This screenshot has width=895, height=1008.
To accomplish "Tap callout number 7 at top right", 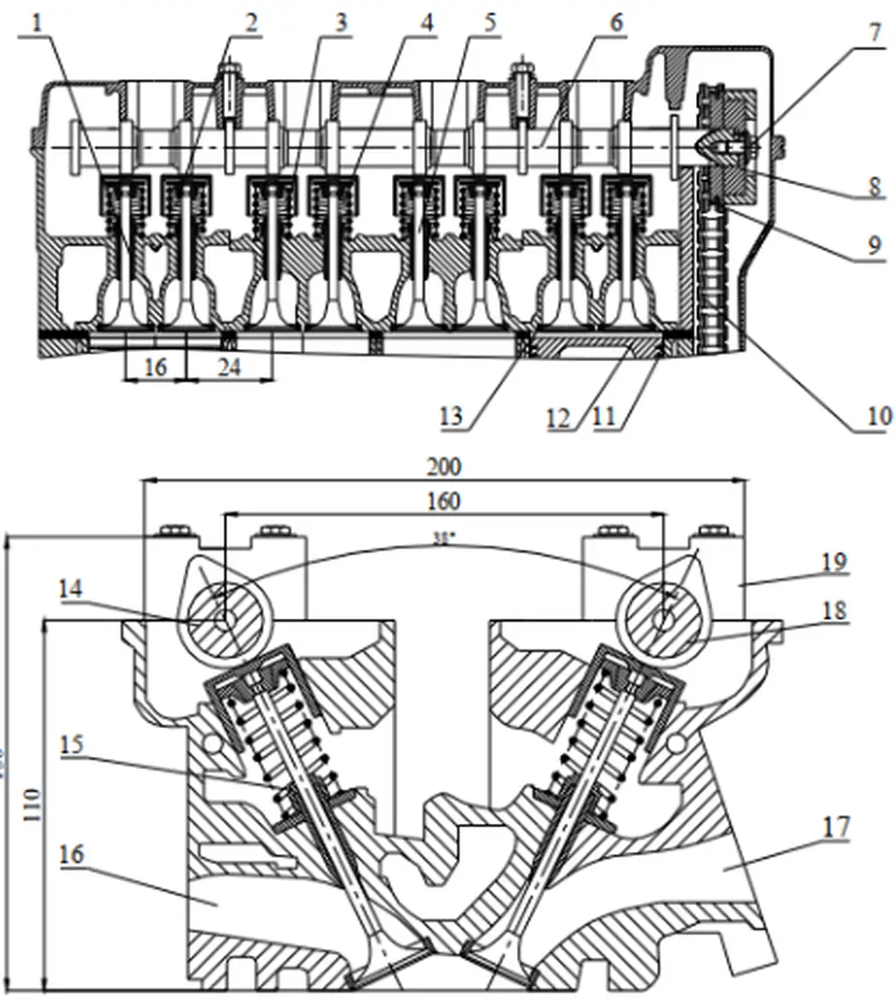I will (874, 33).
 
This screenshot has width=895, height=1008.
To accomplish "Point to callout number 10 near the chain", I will (878, 415).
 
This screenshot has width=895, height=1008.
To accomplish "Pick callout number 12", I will (558, 416).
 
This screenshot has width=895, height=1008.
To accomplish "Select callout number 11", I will (604, 416).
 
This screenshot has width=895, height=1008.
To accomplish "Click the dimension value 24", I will (229, 368).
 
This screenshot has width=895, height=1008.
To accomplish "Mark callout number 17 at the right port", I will (835, 827).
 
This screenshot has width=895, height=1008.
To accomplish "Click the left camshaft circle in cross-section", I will (225, 617).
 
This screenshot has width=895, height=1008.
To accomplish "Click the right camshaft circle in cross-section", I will (663, 617).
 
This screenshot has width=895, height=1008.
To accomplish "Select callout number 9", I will (874, 245).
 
